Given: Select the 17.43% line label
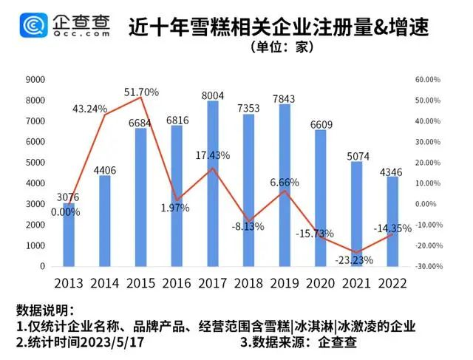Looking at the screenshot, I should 213,155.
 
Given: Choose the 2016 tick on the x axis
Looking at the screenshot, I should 177,283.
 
